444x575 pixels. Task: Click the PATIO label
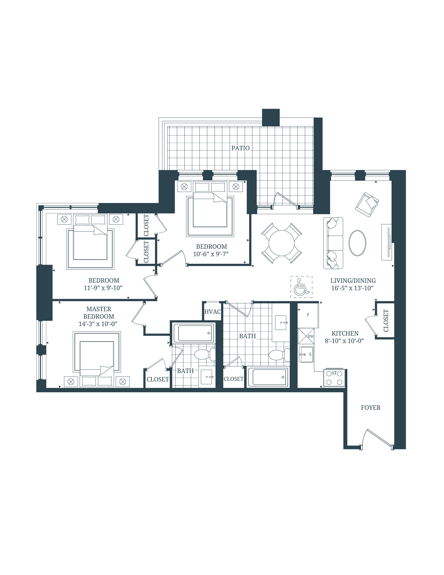(240, 148)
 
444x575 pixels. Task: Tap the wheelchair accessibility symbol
(301, 287)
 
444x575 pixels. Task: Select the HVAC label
(212, 312)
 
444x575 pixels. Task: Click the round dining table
(281, 243)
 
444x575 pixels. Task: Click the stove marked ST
(334, 378)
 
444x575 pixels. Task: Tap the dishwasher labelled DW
(306, 336)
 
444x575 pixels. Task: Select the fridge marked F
(308, 315)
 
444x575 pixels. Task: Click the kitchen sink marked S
(306, 354)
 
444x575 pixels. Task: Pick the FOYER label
(370, 408)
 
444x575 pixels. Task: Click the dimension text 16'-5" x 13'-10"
(352, 288)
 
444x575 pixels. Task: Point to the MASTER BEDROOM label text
(99, 312)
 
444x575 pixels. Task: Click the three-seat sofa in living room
(333, 243)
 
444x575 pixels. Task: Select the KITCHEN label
(345, 333)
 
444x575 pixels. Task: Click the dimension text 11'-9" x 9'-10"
(103, 288)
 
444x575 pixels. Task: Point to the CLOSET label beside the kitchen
(386, 320)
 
